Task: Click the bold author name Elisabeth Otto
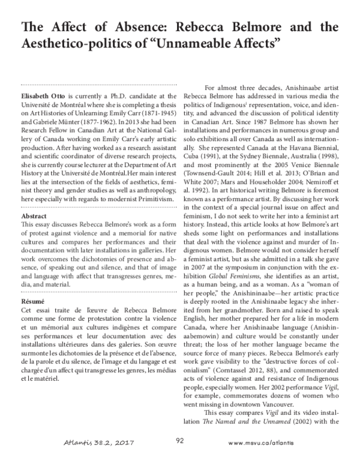tap(44, 95)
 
